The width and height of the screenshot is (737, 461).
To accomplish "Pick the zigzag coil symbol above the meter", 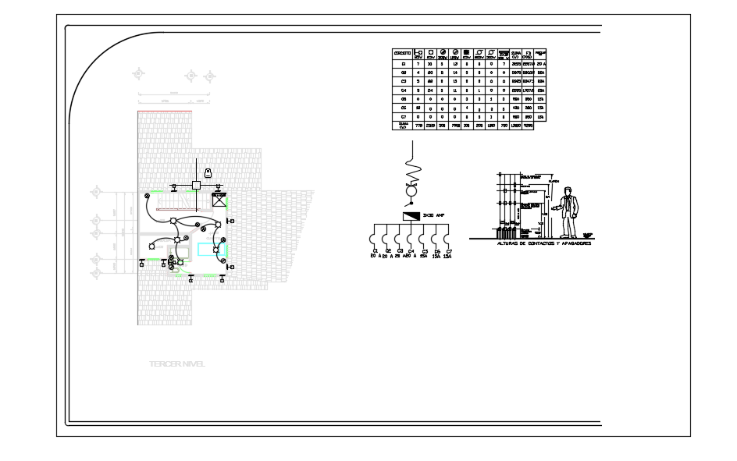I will (x=413, y=171).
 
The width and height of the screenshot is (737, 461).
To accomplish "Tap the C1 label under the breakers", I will (x=375, y=250).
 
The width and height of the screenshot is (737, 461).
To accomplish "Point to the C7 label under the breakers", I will (x=449, y=250).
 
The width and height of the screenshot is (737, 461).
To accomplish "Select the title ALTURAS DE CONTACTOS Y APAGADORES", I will (x=543, y=243).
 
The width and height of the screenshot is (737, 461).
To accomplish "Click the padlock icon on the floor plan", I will (x=208, y=172).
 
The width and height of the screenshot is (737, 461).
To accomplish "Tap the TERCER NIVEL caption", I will (x=177, y=363).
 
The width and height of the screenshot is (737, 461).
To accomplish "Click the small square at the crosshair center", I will (x=196, y=185).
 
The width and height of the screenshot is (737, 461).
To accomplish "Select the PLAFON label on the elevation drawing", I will (x=555, y=181).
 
